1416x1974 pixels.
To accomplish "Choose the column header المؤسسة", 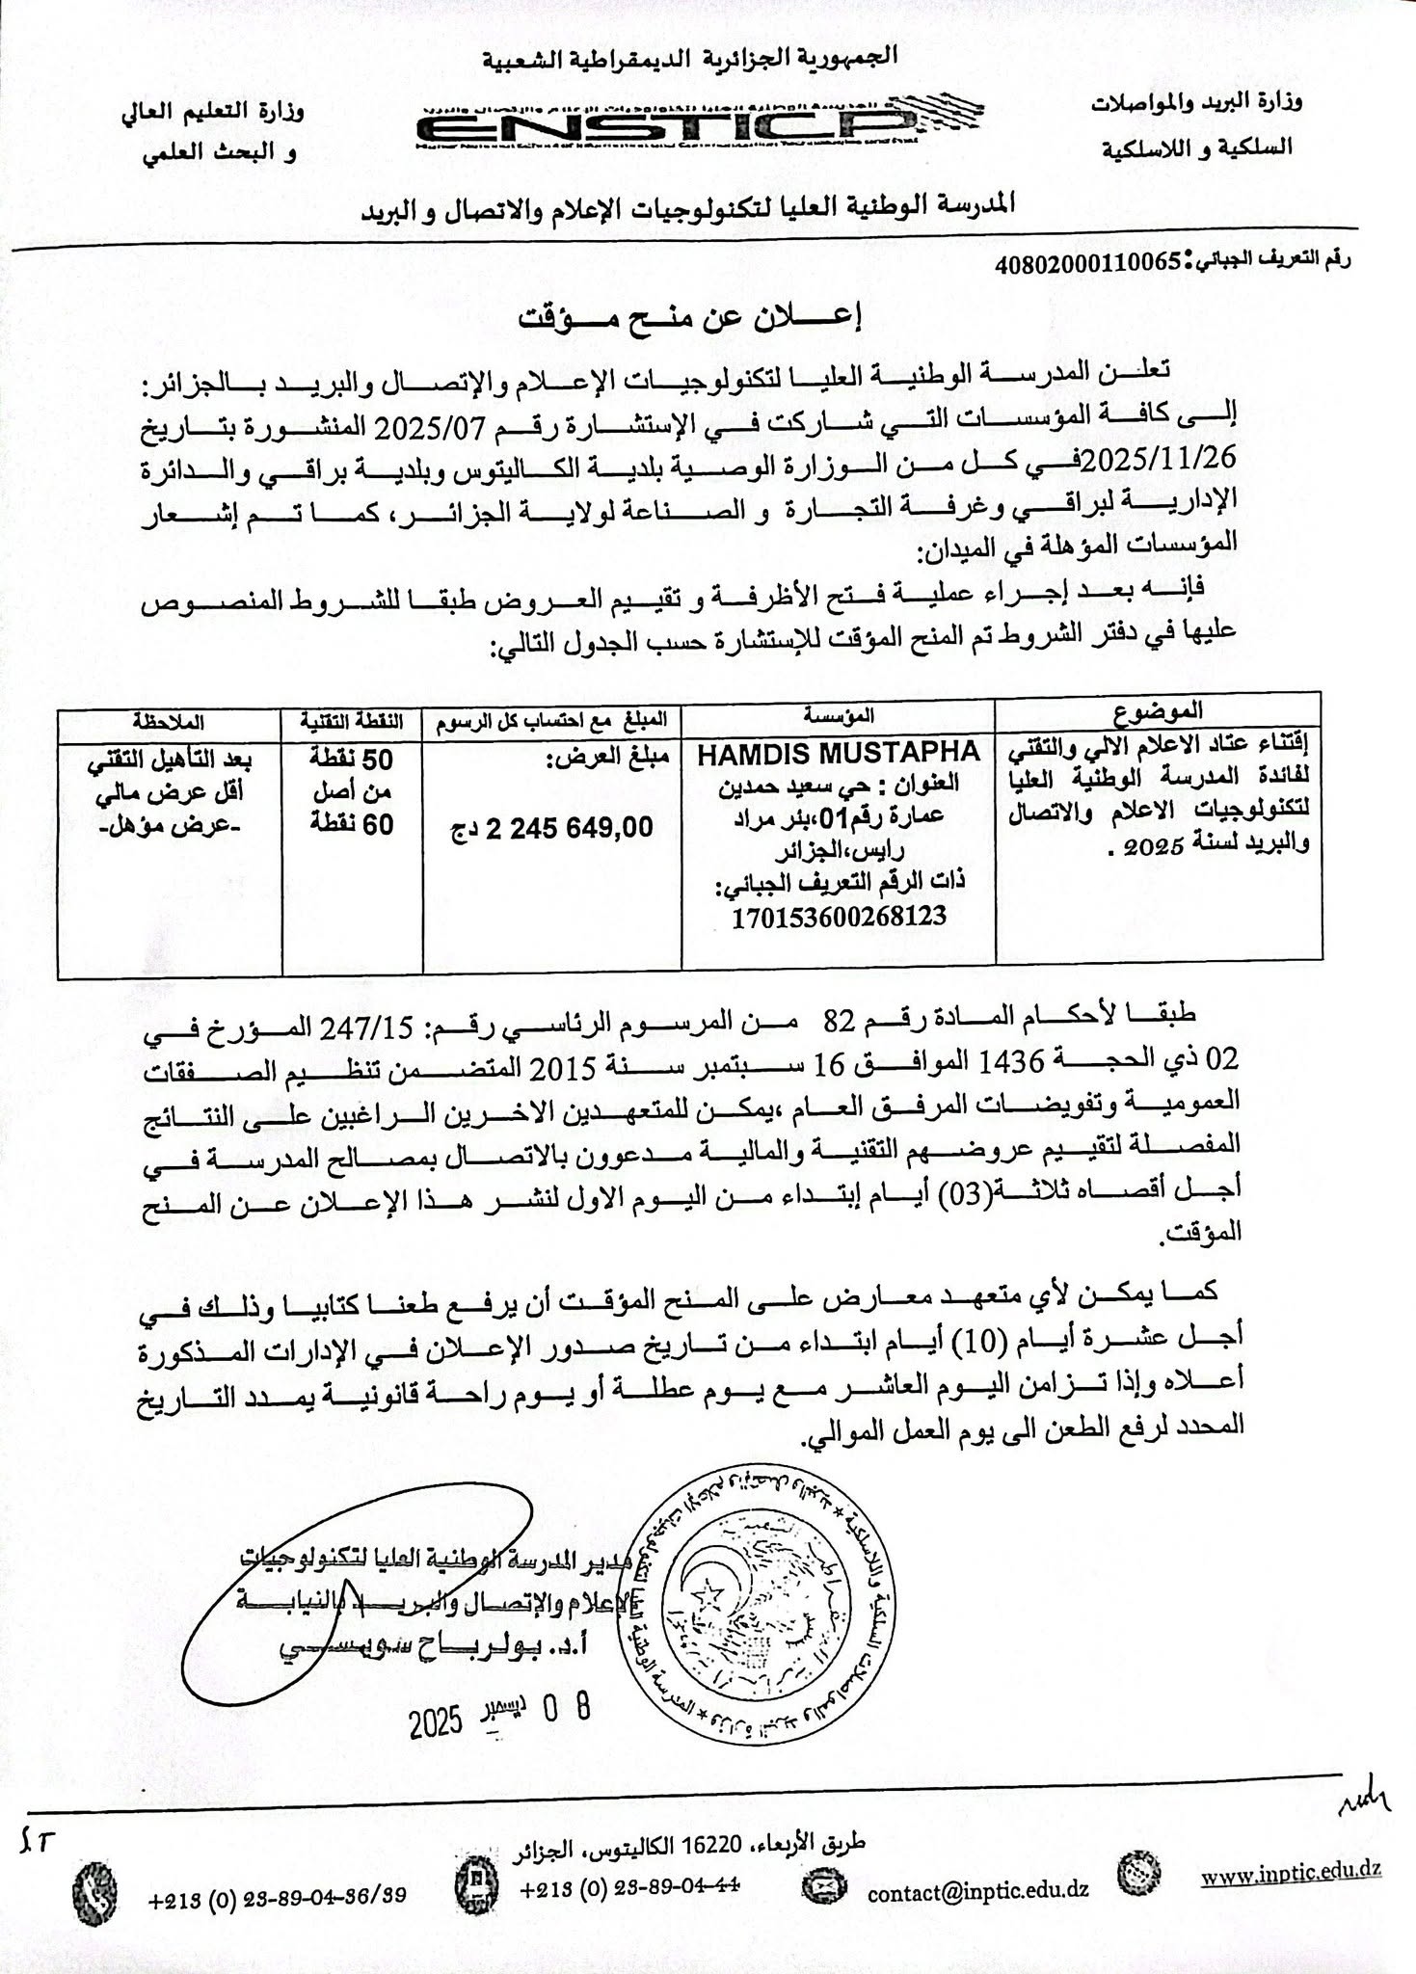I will [838, 714].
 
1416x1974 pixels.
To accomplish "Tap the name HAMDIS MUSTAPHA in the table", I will [838, 752].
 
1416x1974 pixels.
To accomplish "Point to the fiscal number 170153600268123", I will [839, 915].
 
